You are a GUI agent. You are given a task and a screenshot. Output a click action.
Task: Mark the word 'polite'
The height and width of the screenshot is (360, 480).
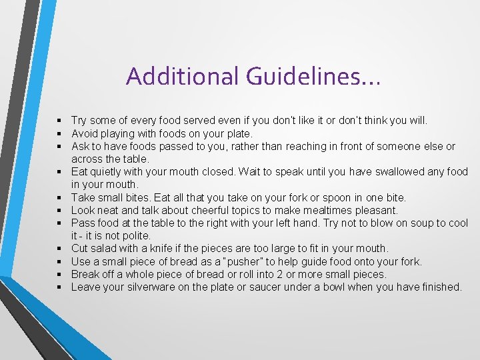135,235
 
